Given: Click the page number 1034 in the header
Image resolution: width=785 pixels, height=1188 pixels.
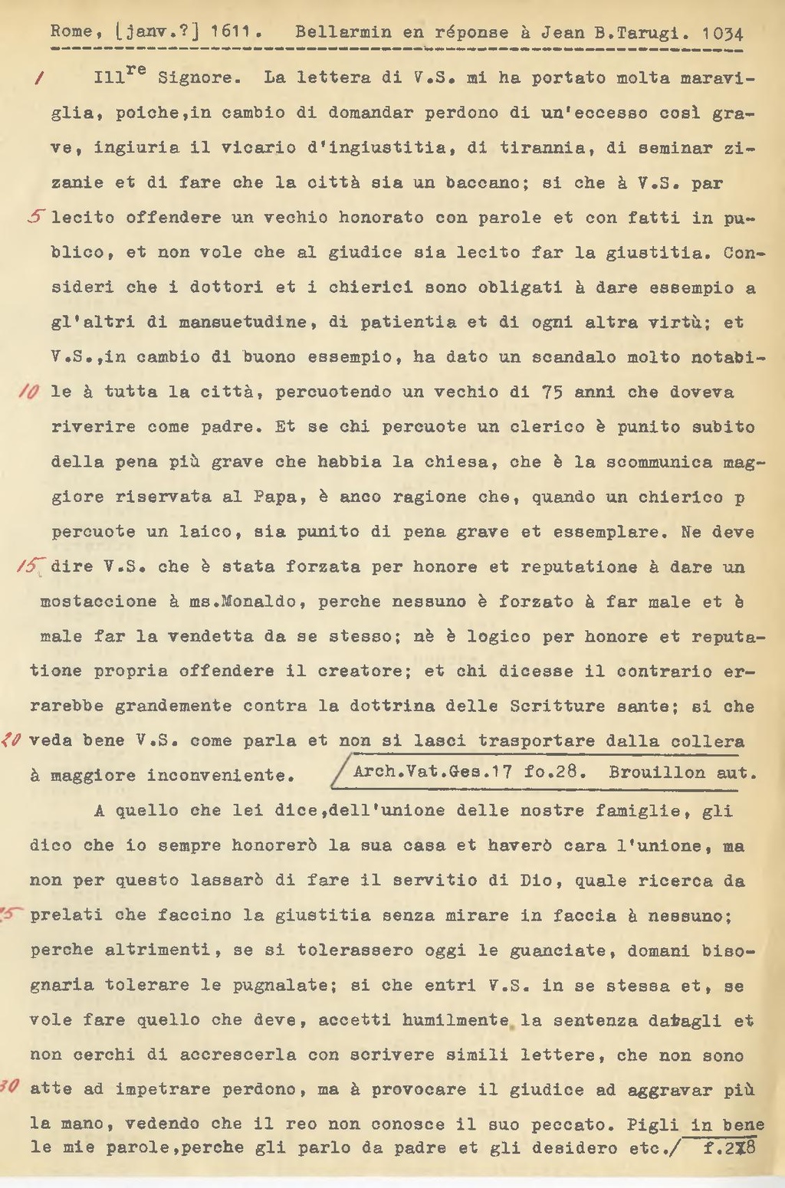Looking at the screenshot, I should point(722,34).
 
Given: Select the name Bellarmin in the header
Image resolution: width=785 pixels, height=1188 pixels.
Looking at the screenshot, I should point(343,32).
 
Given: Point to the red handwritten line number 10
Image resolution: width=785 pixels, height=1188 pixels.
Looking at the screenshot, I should point(29,392).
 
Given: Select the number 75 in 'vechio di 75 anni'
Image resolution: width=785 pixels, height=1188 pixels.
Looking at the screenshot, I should point(552,392).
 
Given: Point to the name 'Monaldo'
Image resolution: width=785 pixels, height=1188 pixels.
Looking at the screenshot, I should point(259,602).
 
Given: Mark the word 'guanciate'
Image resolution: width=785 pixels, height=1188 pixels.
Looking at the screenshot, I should point(563,950).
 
